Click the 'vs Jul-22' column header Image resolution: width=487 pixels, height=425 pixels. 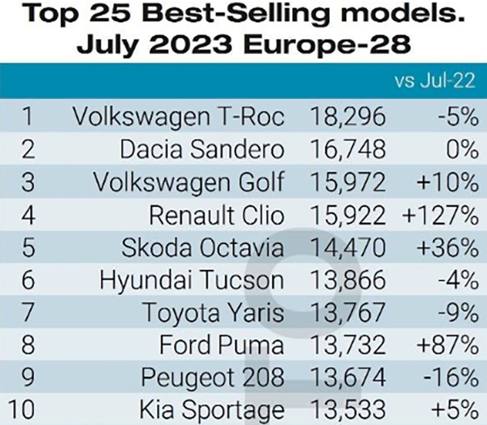pyautogui.click(x=435, y=80)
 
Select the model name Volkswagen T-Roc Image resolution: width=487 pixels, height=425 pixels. pyautogui.click(x=178, y=116)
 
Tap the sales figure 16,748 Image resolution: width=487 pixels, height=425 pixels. pyautogui.click(x=348, y=149)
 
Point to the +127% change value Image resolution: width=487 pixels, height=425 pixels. pyautogui.click(x=440, y=216)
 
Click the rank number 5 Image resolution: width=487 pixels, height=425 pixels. pyautogui.click(x=28, y=248)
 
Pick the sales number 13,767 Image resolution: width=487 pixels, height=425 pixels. pyautogui.click(x=348, y=312)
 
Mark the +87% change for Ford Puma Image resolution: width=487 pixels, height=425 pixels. pyautogui.click(x=447, y=345)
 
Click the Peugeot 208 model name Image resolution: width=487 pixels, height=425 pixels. pyautogui.click(x=213, y=377)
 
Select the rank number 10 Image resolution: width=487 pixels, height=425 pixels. pyautogui.click(x=21, y=409)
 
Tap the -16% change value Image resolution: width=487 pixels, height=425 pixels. pyautogui.click(x=451, y=377)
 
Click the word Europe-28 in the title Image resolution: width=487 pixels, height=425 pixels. pyautogui.click(x=327, y=44)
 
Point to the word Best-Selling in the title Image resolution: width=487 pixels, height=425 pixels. pyautogui.click(x=235, y=15)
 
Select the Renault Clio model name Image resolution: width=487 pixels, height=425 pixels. pyautogui.click(x=216, y=216)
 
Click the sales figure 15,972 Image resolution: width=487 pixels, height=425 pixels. pyautogui.click(x=348, y=182)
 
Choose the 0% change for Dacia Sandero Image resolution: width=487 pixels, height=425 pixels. pyautogui.click(x=462, y=149)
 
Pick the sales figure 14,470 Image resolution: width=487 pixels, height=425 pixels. pyautogui.click(x=348, y=248)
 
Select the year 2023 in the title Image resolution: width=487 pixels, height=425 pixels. pyautogui.click(x=192, y=44)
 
